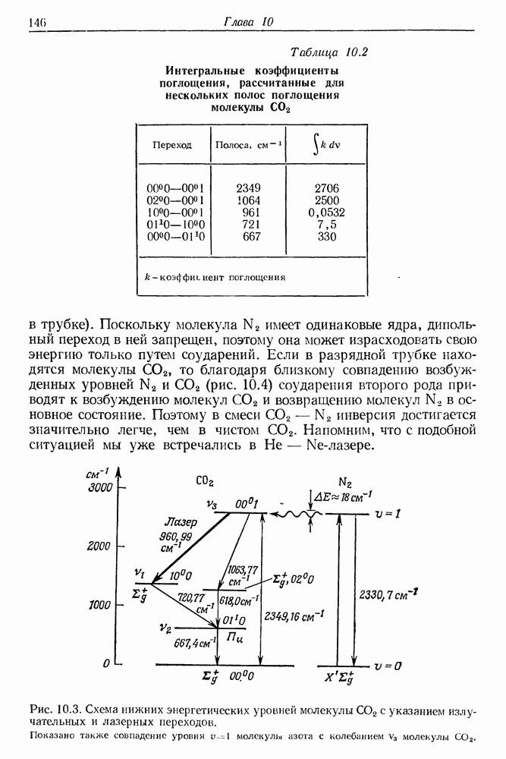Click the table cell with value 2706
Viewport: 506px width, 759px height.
326,188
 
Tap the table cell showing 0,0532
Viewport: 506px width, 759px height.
326,213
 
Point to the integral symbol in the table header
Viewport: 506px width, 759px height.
314,143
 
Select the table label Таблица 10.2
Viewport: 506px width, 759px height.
328,52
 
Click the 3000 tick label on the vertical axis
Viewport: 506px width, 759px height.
99,487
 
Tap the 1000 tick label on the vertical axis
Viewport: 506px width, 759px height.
99,605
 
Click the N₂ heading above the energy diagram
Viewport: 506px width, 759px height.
345,482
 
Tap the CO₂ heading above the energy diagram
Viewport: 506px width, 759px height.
205,480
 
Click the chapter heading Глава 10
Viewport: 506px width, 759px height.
247,23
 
